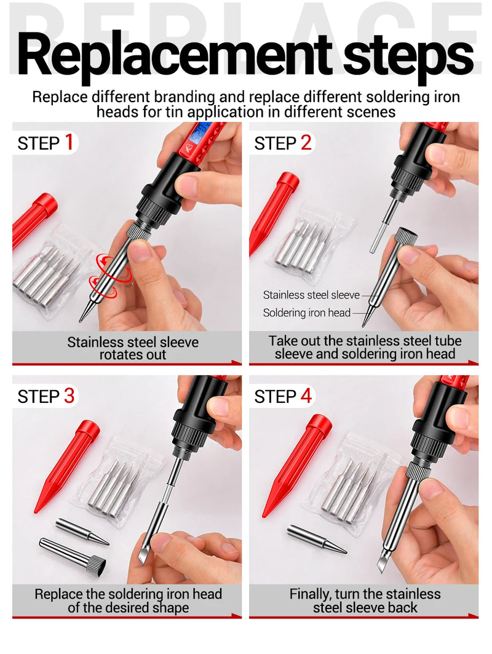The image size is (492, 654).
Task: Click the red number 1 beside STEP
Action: click(x=68, y=143)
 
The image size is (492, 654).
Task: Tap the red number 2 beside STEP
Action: click(x=306, y=143)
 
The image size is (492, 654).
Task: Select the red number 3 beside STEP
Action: click(x=68, y=396)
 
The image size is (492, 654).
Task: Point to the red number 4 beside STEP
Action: click(x=306, y=396)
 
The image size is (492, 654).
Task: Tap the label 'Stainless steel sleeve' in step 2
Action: click(x=311, y=295)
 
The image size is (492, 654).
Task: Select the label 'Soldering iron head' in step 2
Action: click(x=306, y=313)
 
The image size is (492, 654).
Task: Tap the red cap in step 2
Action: click(x=274, y=212)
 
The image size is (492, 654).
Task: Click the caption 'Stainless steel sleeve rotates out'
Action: click(x=132, y=348)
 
